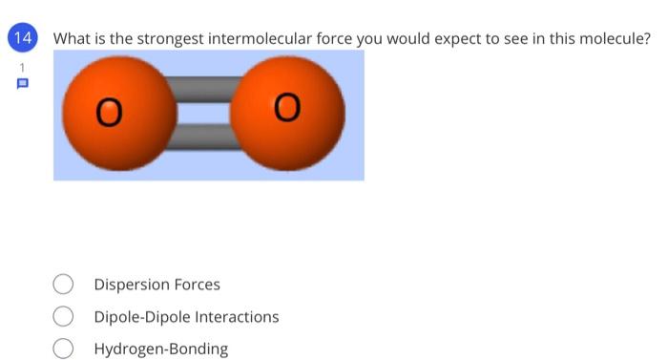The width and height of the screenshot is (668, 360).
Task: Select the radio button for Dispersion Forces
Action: pos(63,285)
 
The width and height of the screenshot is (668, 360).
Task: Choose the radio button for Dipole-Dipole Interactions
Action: pos(63,316)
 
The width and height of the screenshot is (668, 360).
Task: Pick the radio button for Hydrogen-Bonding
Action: pos(63,349)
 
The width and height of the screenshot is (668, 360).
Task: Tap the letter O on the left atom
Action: pos(111,115)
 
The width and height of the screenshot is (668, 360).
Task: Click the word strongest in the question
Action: pos(171,39)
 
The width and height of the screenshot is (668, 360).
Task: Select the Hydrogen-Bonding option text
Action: pos(160,349)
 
